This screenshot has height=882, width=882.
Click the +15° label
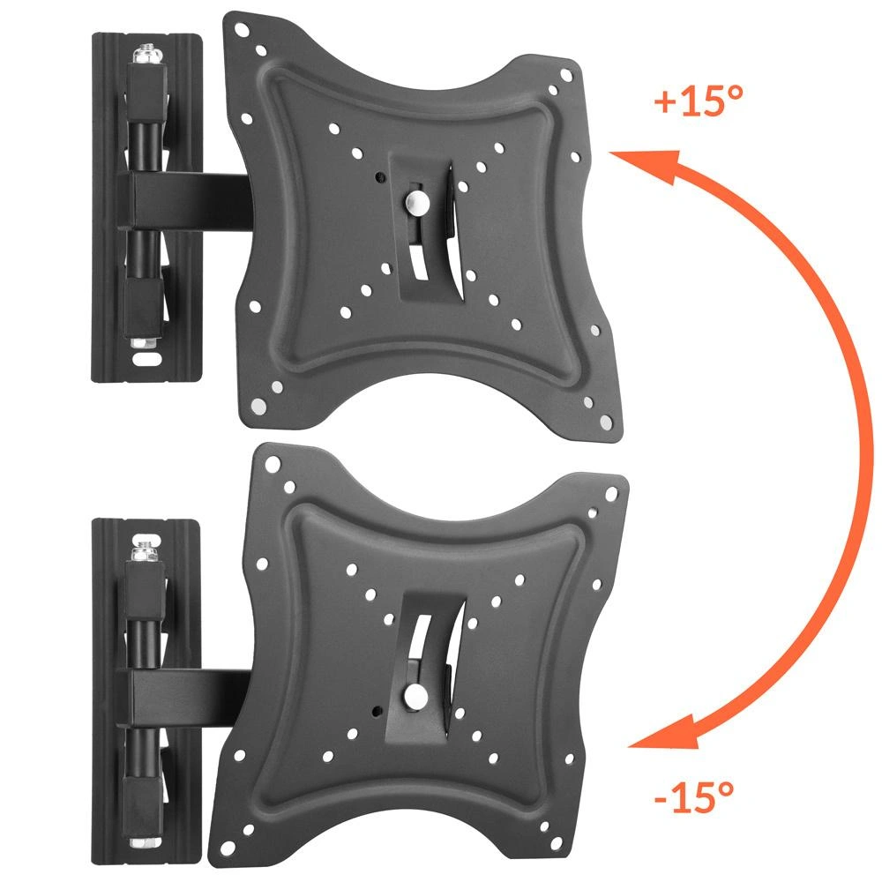pyautogui.click(x=699, y=101)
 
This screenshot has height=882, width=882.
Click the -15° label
pyautogui.click(x=694, y=796)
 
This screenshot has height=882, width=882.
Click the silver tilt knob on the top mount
pyautogui.click(x=417, y=202)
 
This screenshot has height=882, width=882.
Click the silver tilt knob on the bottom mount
pyautogui.click(x=415, y=697)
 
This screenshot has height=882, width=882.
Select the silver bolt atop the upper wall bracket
pyautogui.click(x=148, y=55)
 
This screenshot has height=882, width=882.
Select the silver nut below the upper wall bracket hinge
pyautogui.click(x=146, y=342)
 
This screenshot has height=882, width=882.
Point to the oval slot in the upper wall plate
pyautogui.click(x=146, y=360)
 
